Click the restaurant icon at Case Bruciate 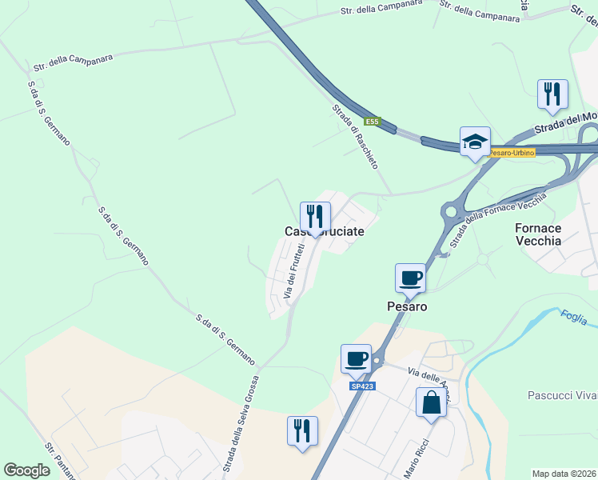315,216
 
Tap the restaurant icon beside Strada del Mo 552,94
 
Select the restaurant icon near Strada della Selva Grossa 302,430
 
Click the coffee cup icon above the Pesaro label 410,278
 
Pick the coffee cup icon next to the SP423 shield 356,358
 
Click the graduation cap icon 475,141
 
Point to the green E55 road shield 371,122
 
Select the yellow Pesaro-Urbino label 511,152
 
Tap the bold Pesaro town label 407,306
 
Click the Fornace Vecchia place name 538,234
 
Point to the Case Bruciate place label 325,231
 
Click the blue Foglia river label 573,317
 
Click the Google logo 27,470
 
